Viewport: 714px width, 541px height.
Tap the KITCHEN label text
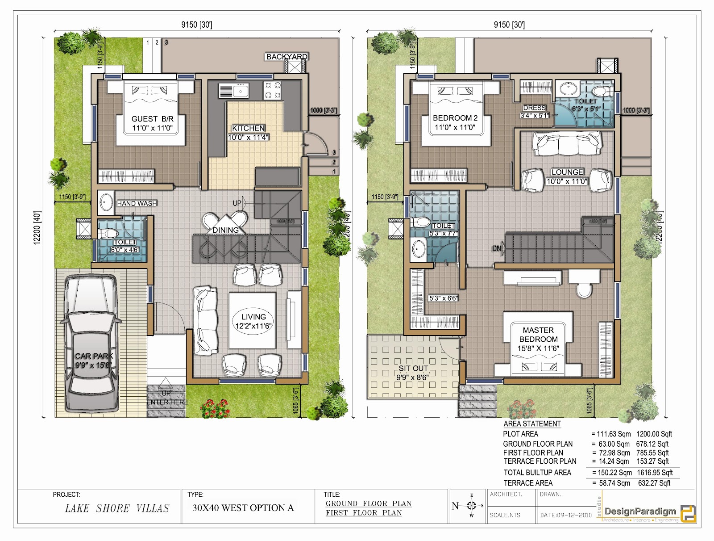point(249,128)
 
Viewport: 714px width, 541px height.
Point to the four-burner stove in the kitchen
point(273,90)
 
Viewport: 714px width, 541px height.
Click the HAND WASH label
point(137,203)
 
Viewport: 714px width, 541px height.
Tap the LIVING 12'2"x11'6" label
point(253,321)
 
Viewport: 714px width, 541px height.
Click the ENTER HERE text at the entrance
point(167,402)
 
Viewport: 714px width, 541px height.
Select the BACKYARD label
point(287,57)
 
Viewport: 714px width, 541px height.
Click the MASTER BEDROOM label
point(538,335)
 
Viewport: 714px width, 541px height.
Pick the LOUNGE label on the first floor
point(567,172)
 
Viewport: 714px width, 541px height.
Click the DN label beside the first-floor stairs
point(497,248)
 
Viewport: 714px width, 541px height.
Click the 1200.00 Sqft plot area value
point(654,434)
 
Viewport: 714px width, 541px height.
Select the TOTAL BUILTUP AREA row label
point(537,473)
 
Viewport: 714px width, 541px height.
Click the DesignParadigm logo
point(650,512)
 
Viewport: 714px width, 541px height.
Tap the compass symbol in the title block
point(471,506)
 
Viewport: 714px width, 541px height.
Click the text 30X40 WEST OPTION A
point(243,508)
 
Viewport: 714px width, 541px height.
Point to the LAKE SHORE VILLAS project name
point(117,508)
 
